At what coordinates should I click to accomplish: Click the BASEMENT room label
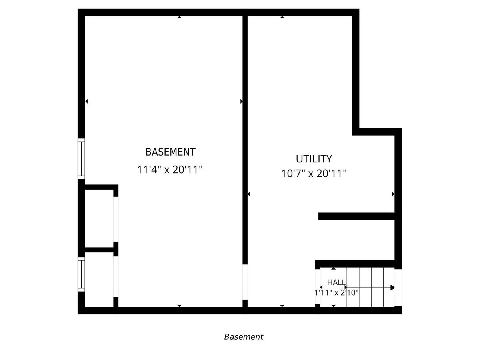[170, 152]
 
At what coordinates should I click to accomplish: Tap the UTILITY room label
[314, 159]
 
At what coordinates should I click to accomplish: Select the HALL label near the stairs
[336, 282]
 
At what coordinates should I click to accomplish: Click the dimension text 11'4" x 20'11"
[170, 170]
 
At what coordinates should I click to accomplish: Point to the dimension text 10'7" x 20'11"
[314, 174]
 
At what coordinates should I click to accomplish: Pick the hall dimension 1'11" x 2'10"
[336, 292]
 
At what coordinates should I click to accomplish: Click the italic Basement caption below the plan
[243, 337]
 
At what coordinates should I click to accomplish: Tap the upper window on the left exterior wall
[81, 159]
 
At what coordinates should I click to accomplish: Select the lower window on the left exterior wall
[81, 274]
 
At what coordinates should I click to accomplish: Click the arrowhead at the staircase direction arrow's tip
[392, 288]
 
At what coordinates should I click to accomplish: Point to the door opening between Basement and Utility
[245, 282]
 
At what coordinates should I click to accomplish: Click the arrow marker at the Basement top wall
[180, 17]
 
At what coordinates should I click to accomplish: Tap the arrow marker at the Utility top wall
[282, 17]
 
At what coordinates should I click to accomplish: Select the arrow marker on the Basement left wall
[86, 101]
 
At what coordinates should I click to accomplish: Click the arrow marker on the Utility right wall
[393, 194]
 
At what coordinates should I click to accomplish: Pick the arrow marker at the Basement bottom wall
[180, 306]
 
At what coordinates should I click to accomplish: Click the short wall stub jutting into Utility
[356, 216]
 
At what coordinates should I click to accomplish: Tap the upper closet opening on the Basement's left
[116, 219]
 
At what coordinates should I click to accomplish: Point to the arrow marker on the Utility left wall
[249, 194]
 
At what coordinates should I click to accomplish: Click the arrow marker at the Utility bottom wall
[282, 306]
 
